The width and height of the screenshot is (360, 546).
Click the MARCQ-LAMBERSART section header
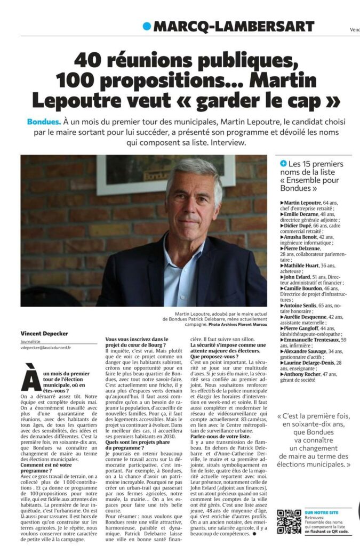(x=234, y=26)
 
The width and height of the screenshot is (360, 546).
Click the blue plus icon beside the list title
(x=283, y=164)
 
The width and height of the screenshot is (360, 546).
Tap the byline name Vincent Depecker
(x=45, y=333)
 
